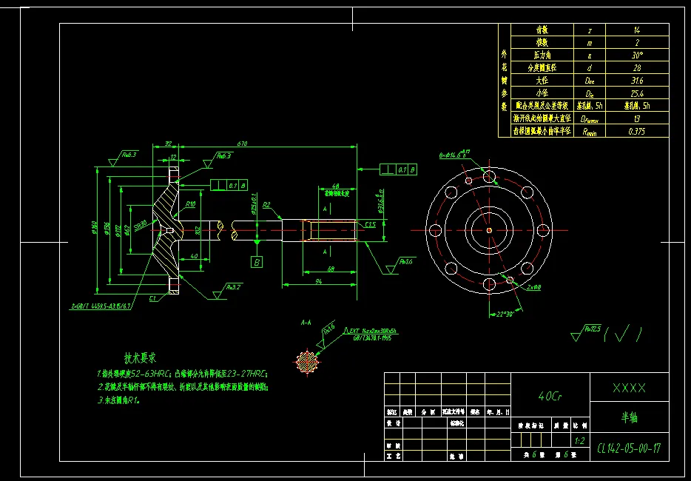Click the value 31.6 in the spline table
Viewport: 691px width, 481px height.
pos(637,81)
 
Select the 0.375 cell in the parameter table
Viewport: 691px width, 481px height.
pos(637,131)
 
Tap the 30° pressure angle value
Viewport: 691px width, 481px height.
pos(637,55)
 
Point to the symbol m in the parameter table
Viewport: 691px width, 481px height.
pos(589,43)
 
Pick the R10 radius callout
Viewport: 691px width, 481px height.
pos(190,203)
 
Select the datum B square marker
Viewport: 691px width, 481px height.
pos(257,261)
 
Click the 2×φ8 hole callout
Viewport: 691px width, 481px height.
pos(533,286)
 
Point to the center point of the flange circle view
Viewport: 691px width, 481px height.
pos(489,229)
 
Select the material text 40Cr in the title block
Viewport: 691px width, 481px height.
pos(550,395)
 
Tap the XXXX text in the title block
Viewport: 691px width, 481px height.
pos(629,388)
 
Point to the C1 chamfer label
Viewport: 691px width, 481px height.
pos(153,298)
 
